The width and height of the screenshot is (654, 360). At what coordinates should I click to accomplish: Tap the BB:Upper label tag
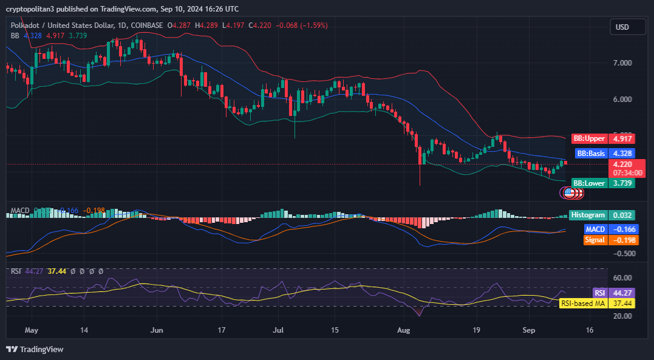tap(589, 138)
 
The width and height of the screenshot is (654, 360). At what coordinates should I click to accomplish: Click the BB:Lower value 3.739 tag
tap(621, 183)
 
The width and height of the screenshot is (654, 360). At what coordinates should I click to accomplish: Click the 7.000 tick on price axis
tap(623, 63)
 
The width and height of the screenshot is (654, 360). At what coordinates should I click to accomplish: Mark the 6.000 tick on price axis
tap(623, 100)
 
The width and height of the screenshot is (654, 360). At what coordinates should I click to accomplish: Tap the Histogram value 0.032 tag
tap(623, 215)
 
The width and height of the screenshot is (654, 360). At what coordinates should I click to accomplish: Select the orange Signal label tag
tap(594, 240)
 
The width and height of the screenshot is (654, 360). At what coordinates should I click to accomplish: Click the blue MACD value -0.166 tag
tap(623, 229)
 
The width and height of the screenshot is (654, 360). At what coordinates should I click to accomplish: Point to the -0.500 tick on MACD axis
tap(623, 254)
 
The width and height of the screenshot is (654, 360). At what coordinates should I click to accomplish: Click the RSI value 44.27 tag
tap(623, 292)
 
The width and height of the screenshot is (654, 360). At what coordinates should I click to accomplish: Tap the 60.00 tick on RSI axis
tap(622, 278)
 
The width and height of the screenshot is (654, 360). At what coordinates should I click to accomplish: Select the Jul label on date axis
tap(279, 331)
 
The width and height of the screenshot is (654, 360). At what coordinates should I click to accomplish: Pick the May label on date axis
tap(32, 331)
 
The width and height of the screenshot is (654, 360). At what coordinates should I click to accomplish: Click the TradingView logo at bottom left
tap(35, 349)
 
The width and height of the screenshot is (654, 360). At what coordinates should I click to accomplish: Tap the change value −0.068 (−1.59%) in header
tap(302, 25)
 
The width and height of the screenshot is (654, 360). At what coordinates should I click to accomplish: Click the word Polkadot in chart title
tap(28, 25)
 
